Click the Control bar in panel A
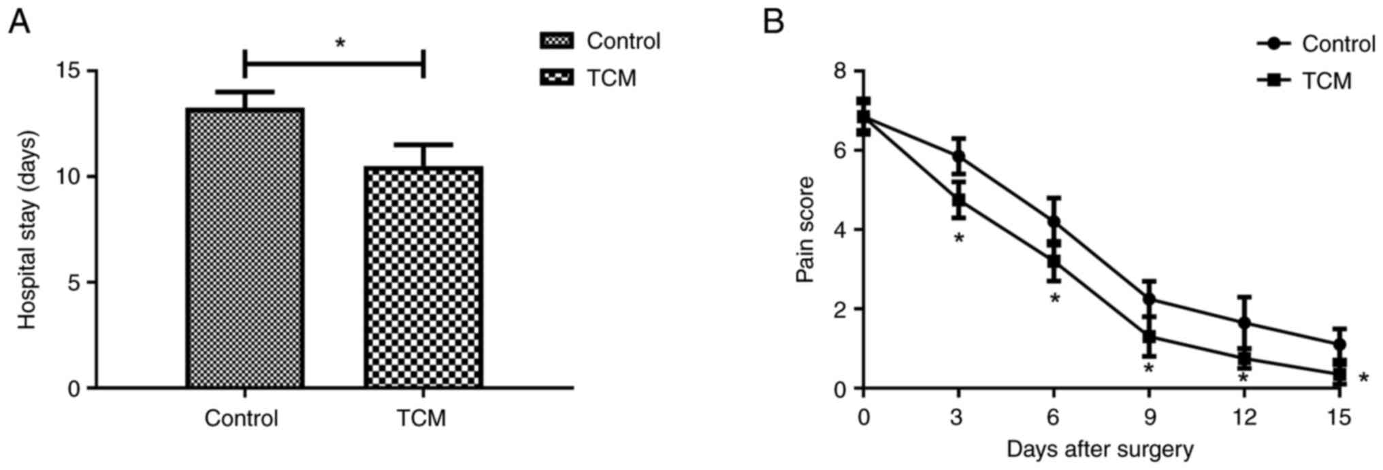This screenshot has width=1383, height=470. click(244, 248)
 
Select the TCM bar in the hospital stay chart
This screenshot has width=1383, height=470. click(423, 277)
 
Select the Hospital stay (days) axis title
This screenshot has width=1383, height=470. click(27, 230)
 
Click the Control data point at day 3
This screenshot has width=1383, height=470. click(959, 156)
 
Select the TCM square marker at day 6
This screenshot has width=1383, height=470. click(1054, 261)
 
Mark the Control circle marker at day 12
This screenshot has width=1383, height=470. click(1245, 322)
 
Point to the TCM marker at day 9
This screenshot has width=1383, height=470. click(1150, 337)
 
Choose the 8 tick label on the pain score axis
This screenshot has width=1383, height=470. click(842, 71)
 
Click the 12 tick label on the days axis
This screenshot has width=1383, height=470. click(1244, 417)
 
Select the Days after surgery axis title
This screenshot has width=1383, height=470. click(1100, 450)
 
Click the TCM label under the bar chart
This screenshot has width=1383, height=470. click(422, 418)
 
